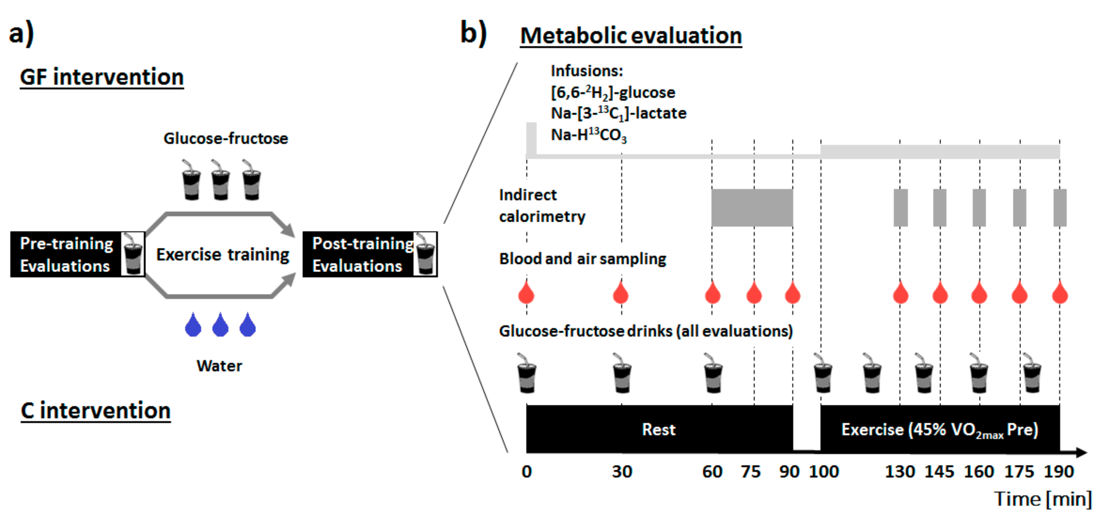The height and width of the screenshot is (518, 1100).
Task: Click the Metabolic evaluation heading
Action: (631, 35)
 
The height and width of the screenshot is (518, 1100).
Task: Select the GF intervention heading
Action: (102, 77)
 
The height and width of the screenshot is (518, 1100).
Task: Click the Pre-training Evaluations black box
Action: (66, 254)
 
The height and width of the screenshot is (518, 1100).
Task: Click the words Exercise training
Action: (222, 254)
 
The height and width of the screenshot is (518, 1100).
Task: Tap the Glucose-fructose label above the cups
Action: (226, 139)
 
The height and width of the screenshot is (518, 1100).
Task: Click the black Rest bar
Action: (659, 429)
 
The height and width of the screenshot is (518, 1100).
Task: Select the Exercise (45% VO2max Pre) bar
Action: (939, 429)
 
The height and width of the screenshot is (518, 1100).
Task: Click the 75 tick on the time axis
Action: (751, 472)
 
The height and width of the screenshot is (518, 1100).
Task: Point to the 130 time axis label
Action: (900, 472)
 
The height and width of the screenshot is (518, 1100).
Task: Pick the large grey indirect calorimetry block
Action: (752, 208)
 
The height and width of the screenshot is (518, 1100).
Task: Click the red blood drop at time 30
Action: (621, 293)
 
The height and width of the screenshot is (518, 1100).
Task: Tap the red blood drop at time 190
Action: (1060, 293)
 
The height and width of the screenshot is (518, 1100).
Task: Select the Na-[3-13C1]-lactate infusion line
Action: (618, 114)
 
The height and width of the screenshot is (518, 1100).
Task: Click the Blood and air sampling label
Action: (583, 259)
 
